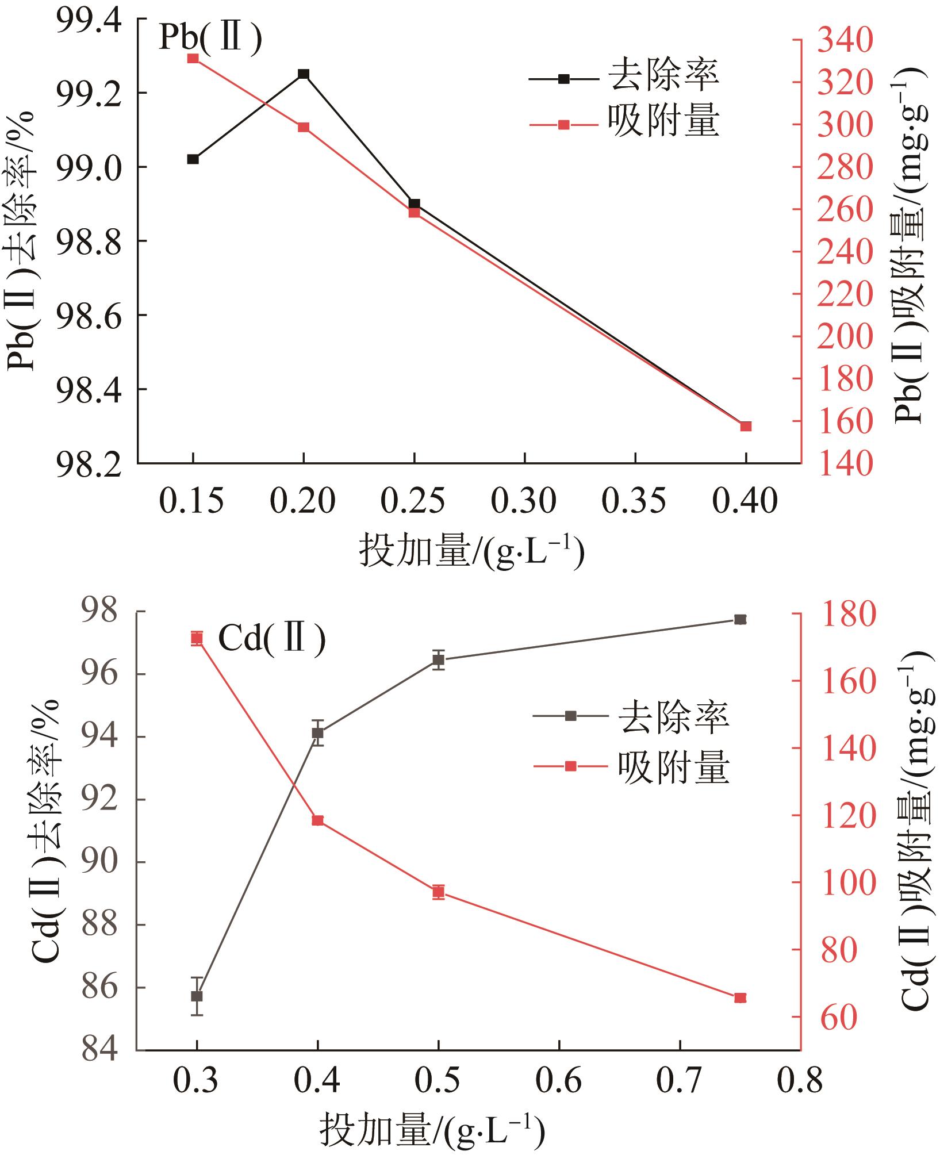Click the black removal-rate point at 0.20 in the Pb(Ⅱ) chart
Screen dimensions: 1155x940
click(x=304, y=74)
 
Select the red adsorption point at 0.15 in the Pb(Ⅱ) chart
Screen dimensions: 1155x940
click(x=193, y=58)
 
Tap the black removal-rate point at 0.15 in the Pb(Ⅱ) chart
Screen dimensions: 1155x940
click(x=193, y=159)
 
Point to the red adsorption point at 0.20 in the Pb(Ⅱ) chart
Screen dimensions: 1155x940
click(x=304, y=127)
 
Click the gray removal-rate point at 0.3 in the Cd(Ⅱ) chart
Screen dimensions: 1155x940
click(x=197, y=996)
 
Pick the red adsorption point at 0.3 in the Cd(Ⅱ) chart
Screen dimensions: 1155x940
click(x=197, y=638)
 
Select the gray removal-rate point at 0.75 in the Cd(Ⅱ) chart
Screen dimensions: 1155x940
click(x=741, y=619)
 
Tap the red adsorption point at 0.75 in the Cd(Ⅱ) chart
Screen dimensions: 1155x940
click(x=741, y=997)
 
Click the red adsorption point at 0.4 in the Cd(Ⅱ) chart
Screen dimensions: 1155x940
click(x=317, y=820)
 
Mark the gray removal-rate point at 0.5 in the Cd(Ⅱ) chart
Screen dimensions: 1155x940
click(x=439, y=659)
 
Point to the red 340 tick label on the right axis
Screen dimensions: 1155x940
click(x=845, y=41)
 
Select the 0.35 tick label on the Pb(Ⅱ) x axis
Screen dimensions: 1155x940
click(x=635, y=501)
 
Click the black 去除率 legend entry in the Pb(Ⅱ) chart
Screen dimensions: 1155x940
click(x=624, y=76)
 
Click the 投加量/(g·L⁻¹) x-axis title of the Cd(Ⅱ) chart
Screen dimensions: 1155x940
click(x=432, y=1130)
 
